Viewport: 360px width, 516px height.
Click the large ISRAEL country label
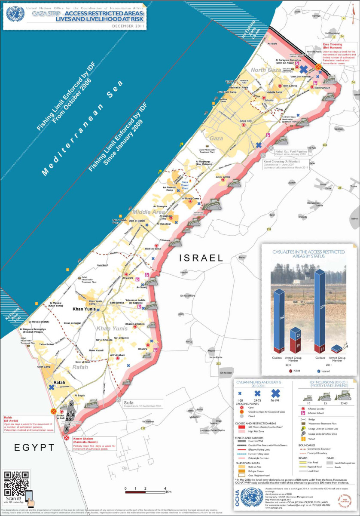point(201,258)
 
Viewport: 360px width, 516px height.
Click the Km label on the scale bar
point(169,491)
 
